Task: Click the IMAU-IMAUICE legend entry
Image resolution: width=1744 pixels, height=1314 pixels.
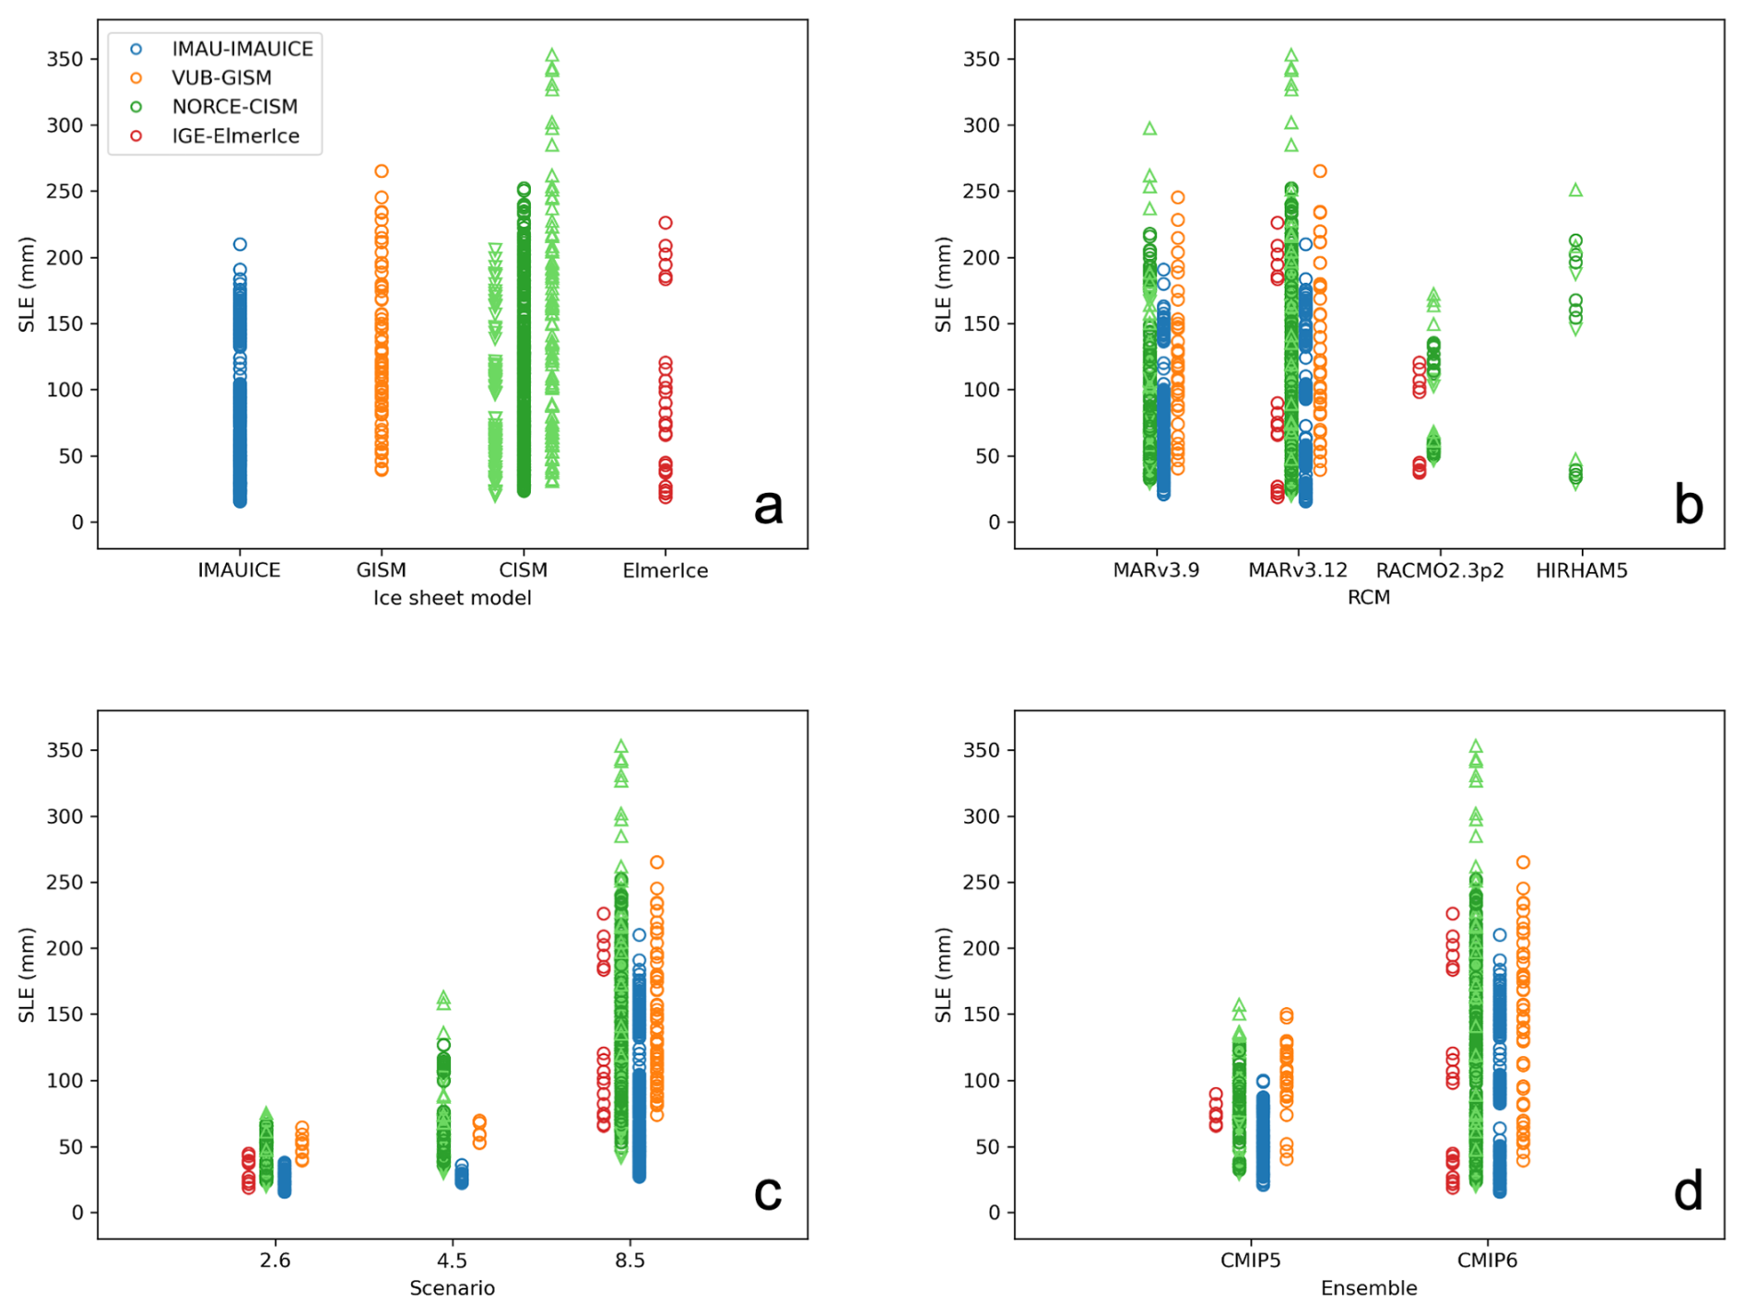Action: [242, 49]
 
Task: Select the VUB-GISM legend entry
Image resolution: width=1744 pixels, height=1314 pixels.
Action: [221, 77]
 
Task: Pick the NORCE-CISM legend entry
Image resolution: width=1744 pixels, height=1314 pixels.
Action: [234, 107]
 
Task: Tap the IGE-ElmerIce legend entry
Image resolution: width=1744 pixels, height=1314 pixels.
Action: [235, 136]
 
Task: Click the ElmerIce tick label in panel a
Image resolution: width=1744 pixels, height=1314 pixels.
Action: [665, 570]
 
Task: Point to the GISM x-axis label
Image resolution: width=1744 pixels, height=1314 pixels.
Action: [381, 570]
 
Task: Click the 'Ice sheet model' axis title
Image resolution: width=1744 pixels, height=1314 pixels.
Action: [452, 598]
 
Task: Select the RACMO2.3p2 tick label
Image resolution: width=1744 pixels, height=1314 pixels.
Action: [1439, 570]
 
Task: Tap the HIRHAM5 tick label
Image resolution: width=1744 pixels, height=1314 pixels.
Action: [1581, 570]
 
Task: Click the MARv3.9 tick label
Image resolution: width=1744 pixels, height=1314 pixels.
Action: [1156, 570]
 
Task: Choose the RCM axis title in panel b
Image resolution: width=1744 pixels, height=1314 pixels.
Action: [1368, 598]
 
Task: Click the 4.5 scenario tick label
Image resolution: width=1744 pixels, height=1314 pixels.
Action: [452, 1261]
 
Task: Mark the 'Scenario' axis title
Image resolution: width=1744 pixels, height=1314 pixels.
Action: [452, 1288]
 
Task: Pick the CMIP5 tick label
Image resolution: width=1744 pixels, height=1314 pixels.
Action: [1250, 1261]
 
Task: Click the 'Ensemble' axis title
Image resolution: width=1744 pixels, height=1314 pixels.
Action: [1368, 1288]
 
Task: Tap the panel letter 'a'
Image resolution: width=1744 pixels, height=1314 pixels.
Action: [768, 506]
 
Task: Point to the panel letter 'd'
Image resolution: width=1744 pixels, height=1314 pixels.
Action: [1688, 1192]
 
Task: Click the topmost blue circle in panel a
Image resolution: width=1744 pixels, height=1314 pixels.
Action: [240, 244]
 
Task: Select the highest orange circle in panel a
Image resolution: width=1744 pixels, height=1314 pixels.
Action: [381, 171]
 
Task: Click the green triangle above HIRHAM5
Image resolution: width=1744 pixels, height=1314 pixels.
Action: [1575, 191]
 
